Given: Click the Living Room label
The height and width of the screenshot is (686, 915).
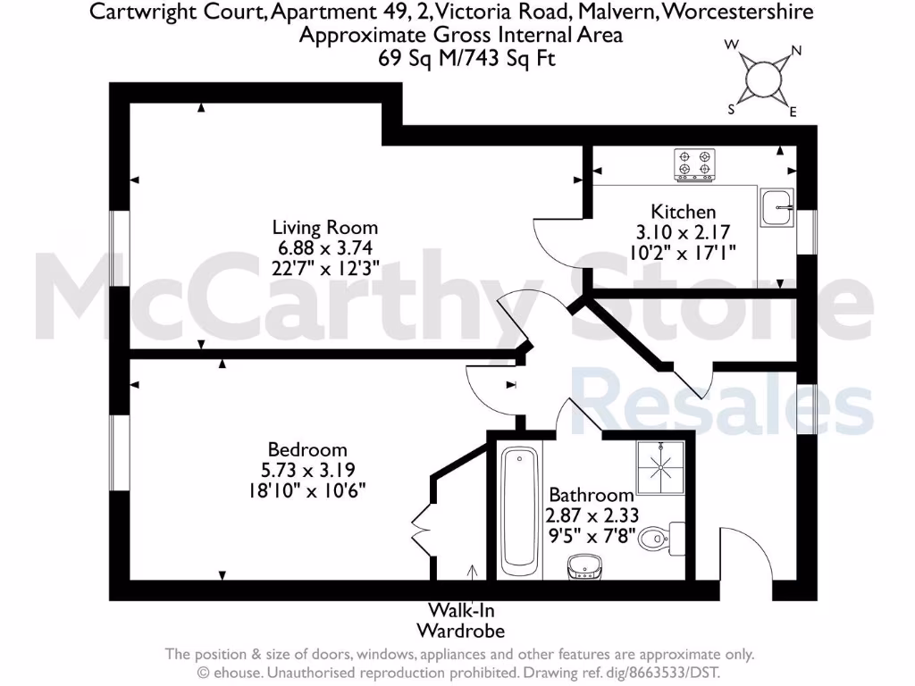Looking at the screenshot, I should (324, 228).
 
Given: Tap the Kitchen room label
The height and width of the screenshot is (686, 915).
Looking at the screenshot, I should (683, 213).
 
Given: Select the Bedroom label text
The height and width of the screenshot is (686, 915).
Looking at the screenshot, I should (307, 449).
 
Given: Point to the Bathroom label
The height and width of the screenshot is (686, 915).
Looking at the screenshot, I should (591, 494).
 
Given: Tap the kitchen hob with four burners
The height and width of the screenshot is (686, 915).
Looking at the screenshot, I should (694, 164).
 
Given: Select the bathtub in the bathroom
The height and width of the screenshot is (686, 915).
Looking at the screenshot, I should (518, 511).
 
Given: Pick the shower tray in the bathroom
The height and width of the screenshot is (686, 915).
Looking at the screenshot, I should (659, 466).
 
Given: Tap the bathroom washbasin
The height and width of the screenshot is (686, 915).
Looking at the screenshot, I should (585, 566).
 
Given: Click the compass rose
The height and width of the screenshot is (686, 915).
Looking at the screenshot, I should (762, 78).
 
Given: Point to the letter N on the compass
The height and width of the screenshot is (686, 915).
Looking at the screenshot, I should (796, 51).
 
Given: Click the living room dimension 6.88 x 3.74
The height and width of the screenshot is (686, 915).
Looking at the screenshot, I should (324, 248).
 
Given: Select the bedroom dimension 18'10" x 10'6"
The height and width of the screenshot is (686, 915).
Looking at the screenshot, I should (307, 490).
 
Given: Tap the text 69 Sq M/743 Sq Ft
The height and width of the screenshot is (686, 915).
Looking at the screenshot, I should (460, 57).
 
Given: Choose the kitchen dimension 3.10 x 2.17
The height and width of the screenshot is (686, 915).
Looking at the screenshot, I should (683, 232).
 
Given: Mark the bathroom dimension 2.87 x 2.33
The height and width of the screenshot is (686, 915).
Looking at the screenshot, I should (591, 515).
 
